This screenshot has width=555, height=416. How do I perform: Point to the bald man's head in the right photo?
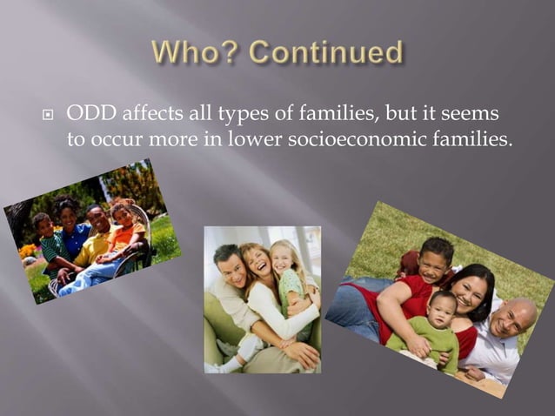pyautogui.click(x=512, y=317)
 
